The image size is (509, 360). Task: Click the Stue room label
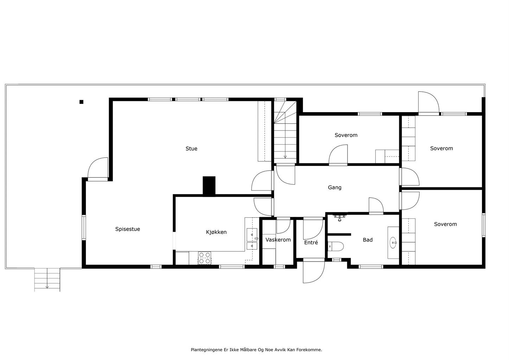(x=191, y=149)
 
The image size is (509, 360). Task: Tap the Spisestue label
(x=127, y=229)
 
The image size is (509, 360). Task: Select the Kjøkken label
(x=216, y=232)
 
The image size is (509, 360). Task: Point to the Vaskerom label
(x=278, y=240)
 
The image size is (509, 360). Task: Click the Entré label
(x=311, y=242)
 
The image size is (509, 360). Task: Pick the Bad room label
(x=368, y=240)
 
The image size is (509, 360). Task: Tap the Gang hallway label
(x=335, y=188)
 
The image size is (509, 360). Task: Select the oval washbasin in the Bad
(x=393, y=243)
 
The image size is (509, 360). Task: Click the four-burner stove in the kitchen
(x=204, y=258)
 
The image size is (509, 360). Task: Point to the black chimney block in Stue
(x=209, y=185)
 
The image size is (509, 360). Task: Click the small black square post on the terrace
(x=81, y=102)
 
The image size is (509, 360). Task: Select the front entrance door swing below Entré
(x=313, y=272)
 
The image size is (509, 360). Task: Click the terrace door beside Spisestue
(x=98, y=168)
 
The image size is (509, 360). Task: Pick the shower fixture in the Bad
(x=340, y=218)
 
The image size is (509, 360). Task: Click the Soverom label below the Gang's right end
(x=445, y=224)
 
